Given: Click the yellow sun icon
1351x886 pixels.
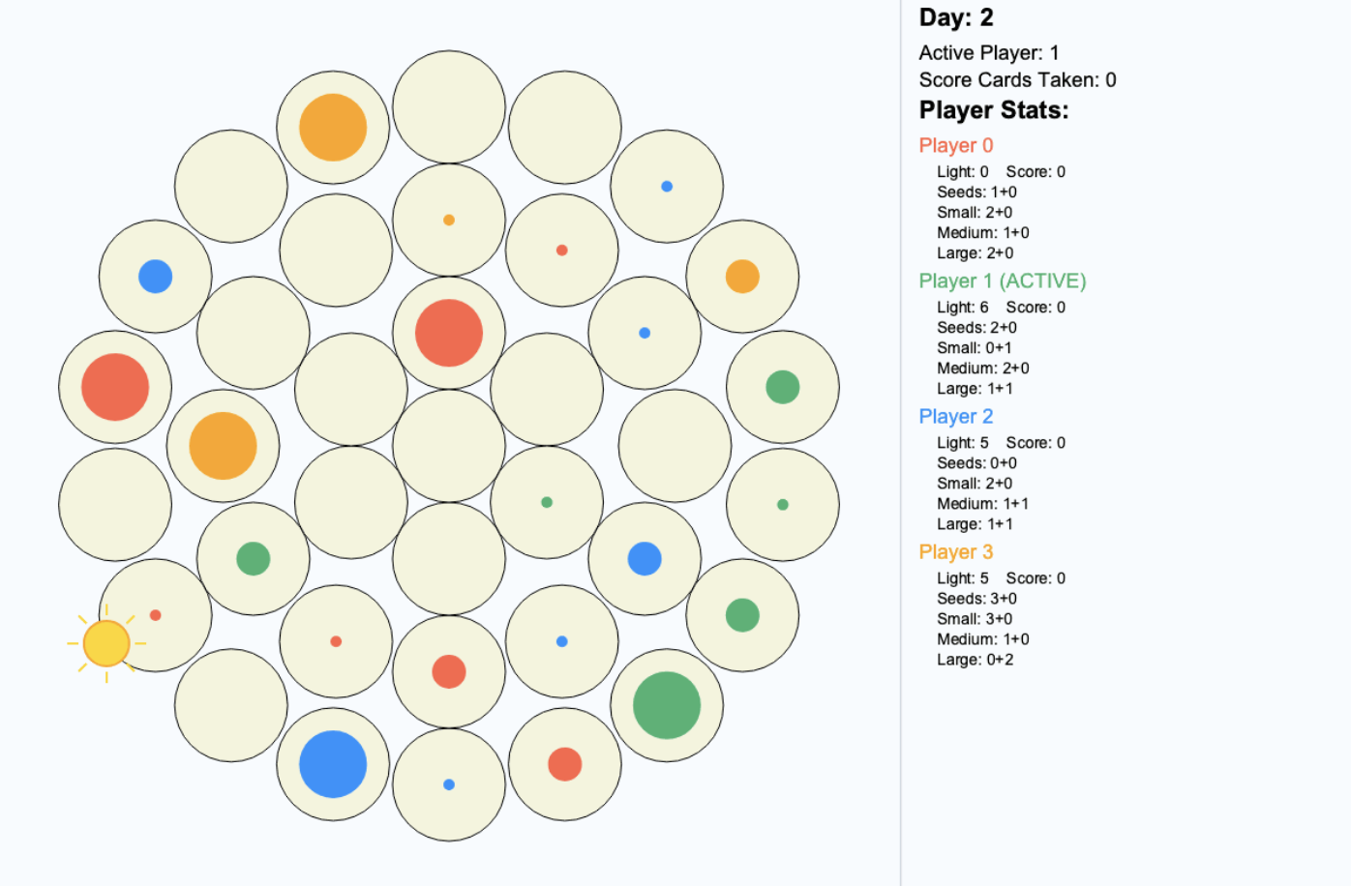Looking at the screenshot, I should coord(106,643).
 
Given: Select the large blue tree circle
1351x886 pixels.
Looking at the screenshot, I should coord(333,764).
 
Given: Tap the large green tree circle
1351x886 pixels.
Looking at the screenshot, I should coord(667,705).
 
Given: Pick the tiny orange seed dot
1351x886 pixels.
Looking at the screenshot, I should coord(449,220).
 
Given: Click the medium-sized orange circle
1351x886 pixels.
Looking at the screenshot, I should coord(742,276).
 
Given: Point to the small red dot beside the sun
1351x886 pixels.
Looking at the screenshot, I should coord(155,615).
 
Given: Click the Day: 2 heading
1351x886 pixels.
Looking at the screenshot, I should coord(956,17).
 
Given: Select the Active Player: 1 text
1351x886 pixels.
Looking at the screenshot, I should coord(988,52).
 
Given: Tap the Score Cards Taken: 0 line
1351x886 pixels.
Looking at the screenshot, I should coord(1017,79).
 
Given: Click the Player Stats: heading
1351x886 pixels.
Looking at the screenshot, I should coord(994,110).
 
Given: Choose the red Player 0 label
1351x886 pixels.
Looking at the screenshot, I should coord(956,145).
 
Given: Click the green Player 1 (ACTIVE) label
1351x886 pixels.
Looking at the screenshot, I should coord(1003,281).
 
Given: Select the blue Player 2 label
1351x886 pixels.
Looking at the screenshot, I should coord(956,416).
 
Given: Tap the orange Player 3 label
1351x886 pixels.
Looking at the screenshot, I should coord(956,551).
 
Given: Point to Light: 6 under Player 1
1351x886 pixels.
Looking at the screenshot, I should coord(963,307).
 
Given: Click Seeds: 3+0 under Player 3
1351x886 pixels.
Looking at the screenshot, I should coord(976,598).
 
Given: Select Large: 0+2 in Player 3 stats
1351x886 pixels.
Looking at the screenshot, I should coord(976,659).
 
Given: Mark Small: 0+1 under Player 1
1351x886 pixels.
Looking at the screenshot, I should coord(975,347).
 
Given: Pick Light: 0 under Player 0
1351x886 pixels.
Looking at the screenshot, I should coord(963,171).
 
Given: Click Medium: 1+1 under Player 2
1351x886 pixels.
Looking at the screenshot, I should coord(982,503).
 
